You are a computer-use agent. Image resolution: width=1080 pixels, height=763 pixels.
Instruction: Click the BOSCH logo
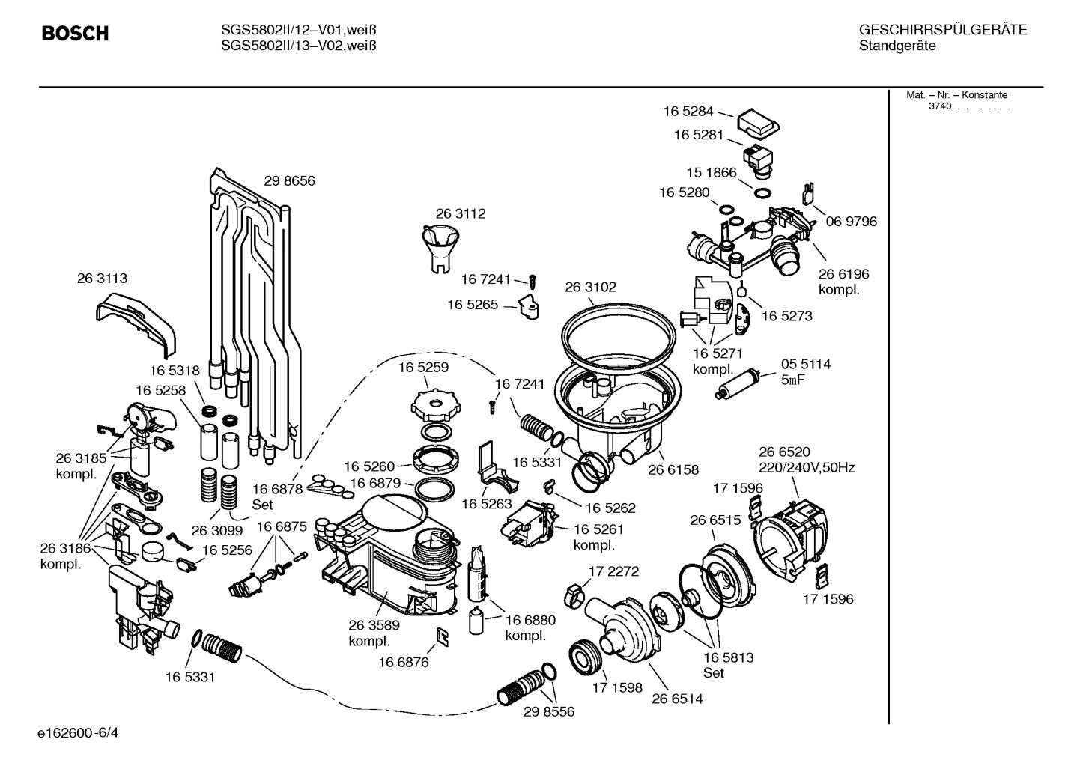click(x=75, y=34)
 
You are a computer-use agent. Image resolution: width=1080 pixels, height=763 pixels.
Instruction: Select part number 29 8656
click(x=289, y=180)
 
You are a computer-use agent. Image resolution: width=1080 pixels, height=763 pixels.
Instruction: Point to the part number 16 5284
click(x=688, y=111)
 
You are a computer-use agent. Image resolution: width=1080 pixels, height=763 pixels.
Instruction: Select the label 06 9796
click(x=851, y=222)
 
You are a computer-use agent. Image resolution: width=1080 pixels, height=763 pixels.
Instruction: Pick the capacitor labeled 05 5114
click(x=738, y=384)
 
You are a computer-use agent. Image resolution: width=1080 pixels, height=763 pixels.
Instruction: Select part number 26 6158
click(x=673, y=469)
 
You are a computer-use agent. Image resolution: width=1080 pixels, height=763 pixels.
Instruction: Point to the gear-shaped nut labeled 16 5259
click(x=434, y=405)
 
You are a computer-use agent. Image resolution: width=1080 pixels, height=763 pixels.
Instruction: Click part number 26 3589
click(x=374, y=625)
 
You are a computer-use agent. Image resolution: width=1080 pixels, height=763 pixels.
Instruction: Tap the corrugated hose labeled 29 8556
click(x=524, y=684)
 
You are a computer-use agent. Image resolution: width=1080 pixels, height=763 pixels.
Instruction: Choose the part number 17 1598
click(x=617, y=687)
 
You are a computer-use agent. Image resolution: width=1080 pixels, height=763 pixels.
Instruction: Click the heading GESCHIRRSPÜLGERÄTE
click(x=942, y=30)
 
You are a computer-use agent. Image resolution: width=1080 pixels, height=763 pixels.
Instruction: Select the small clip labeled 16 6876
click(x=443, y=636)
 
